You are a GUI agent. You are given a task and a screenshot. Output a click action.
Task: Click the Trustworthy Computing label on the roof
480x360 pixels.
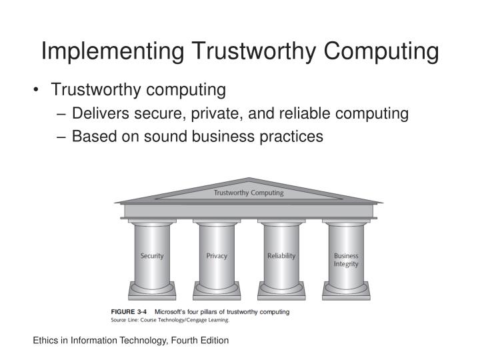pyautogui.click(x=248, y=193)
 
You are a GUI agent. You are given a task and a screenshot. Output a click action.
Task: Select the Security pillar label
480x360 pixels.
pyautogui.click(x=152, y=256)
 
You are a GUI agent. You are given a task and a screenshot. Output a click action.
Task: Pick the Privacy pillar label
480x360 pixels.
pyautogui.click(x=217, y=256)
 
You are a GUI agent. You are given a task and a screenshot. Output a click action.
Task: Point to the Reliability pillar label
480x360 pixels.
pyautogui.click(x=281, y=256)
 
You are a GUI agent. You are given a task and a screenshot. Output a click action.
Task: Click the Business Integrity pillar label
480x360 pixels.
pyautogui.click(x=346, y=260)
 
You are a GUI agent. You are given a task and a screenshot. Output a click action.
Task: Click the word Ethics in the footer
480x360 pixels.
pyautogui.click(x=46, y=340)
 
